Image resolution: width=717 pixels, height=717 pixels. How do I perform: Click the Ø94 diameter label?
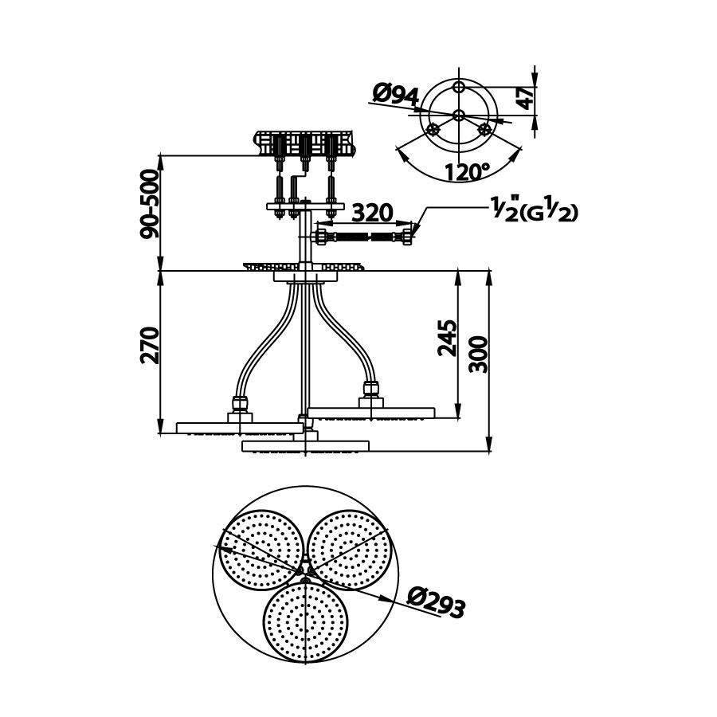(x=396, y=95)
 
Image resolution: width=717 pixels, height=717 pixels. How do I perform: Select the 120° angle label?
(x=466, y=172)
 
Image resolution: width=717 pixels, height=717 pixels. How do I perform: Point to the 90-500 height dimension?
(x=150, y=204)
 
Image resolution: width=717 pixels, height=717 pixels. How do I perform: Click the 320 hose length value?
(x=374, y=213)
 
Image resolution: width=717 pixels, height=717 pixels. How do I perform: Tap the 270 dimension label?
(x=150, y=345)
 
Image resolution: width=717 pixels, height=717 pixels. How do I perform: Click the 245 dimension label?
(x=447, y=338)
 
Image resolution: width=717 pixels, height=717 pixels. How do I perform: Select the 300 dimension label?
(x=479, y=355)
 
